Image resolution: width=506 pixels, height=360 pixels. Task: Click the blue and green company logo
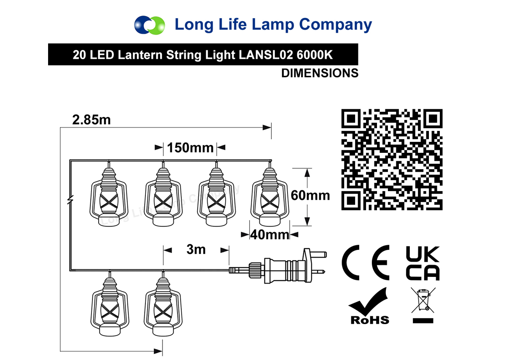point(150,25)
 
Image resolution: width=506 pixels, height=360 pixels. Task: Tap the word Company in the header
point(336,25)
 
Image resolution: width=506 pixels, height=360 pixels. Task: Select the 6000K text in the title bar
point(315,55)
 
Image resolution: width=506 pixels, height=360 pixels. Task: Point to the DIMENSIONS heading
point(320,73)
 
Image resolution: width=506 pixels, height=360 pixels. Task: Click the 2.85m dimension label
point(92,119)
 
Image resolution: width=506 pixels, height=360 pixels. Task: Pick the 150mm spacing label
point(190,148)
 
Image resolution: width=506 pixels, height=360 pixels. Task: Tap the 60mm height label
point(310,195)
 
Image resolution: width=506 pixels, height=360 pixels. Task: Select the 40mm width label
point(270,235)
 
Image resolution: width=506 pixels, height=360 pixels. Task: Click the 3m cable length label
point(196,249)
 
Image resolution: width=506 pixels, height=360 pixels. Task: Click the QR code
point(392,160)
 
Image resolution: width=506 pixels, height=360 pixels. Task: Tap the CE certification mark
point(366,263)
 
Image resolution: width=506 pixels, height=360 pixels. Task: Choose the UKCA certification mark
point(423,263)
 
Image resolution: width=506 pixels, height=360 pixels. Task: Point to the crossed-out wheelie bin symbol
point(423,305)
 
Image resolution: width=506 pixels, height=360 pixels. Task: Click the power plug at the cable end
point(278,266)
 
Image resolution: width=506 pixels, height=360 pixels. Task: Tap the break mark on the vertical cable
point(70,200)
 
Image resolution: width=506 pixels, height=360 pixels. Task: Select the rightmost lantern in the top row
point(270,197)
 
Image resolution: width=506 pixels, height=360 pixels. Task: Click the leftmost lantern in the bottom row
point(110,307)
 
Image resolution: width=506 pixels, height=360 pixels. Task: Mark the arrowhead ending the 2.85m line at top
point(267,127)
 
